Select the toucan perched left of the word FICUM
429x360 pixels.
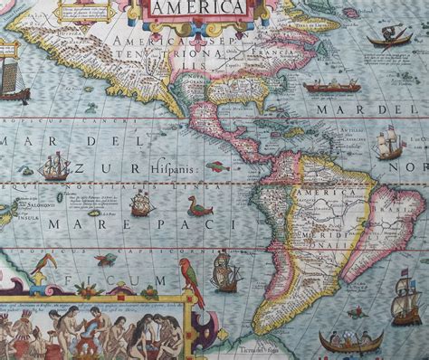[42, 266]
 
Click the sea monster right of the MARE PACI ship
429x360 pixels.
[194, 207]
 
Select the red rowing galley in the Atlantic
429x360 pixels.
[331, 88]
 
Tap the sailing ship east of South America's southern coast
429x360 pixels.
[407, 308]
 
